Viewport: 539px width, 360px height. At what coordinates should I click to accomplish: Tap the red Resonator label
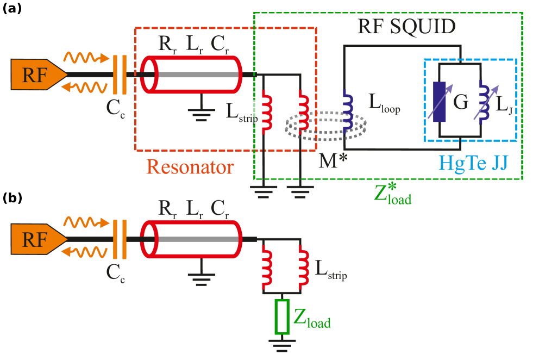click(x=190, y=166)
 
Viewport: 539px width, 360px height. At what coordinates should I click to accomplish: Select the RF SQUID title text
click(x=406, y=27)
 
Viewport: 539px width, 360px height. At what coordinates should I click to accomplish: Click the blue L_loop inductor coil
click(x=347, y=111)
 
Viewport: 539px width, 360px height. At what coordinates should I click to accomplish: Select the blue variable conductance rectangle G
click(x=439, y=102)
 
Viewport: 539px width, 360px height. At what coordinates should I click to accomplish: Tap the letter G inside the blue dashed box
click(x=461, y=102)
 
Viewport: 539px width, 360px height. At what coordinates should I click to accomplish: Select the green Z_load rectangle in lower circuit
click(x=282, y=316)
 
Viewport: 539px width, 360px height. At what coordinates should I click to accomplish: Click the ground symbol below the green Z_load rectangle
click(x=282, y=344)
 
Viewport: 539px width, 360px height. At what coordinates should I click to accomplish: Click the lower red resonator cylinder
click(x=191, y=239)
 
